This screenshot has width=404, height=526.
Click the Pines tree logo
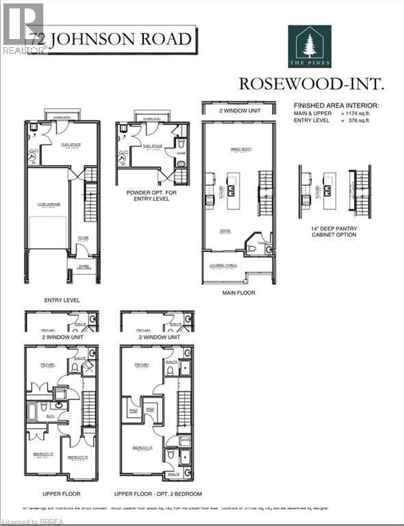pyautogui.click(x=310, y=47)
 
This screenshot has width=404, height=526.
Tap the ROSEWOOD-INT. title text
pyautogui.click(x=310, y=84)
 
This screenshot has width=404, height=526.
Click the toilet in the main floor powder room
pyautogui.click(x=268, y=249)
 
